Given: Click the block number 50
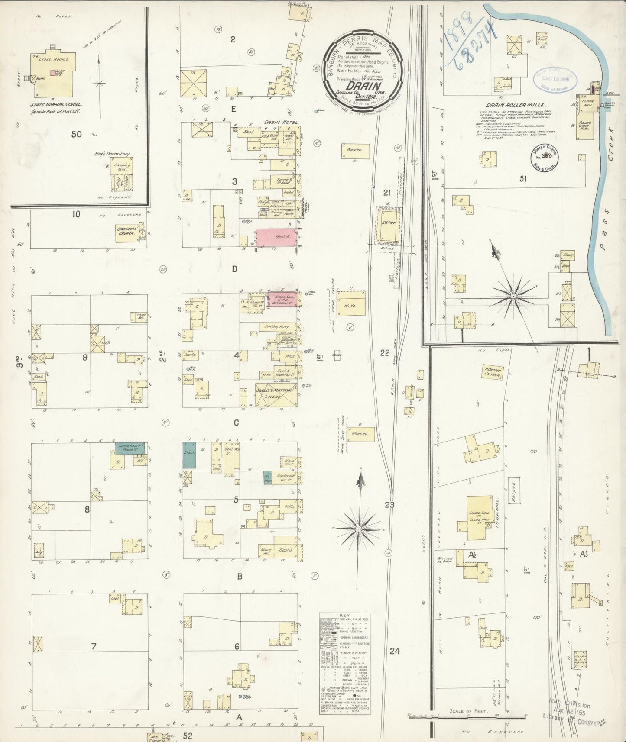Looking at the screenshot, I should (x=77, y=134).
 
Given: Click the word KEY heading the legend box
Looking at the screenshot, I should (x=344, y=615).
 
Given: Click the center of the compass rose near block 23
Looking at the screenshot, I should (x=359, y=529).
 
